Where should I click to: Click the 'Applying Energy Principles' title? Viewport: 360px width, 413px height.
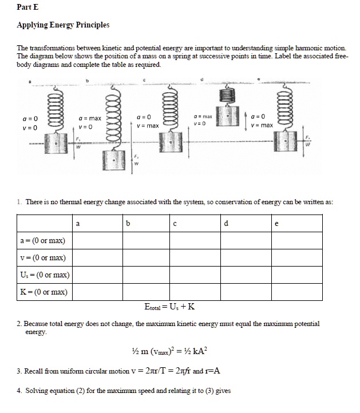(63, 25)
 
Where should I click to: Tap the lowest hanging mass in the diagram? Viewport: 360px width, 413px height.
(115, 160)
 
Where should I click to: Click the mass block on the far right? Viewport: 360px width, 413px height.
(285, 139)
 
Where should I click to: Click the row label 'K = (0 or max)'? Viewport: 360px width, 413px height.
(43, 292)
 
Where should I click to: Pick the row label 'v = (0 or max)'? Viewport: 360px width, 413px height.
(43, 258)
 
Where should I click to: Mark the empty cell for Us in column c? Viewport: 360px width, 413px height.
(195, 275)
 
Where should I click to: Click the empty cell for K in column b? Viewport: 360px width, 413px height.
(146, 292)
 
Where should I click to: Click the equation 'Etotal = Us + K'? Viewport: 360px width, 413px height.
(170, 307)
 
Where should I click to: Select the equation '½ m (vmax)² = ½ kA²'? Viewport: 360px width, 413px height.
(169, 350)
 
